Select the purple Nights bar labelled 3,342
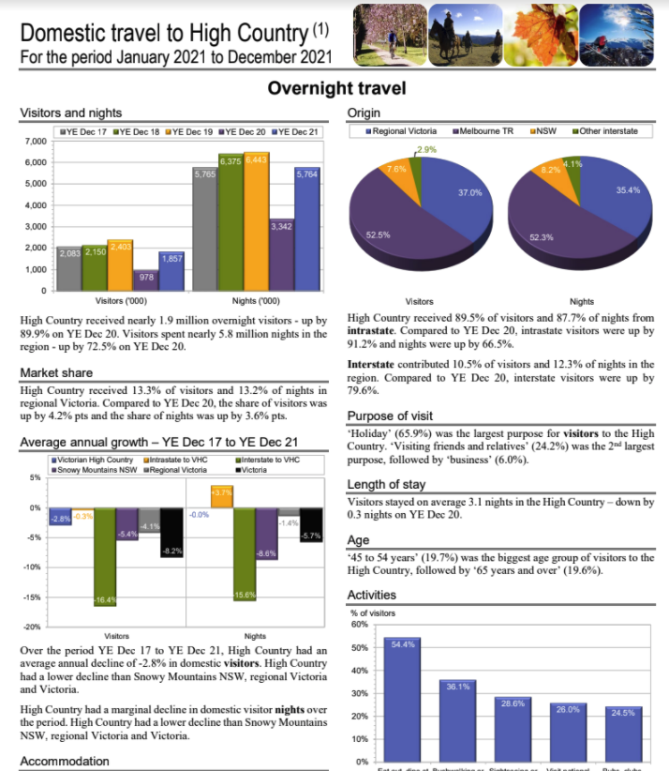click(x=281, y=254)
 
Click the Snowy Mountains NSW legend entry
click(x=94, y=469)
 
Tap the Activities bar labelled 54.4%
click(x=402, y=699)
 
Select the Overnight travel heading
click(x=336, y=88)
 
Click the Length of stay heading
click(x=386, y=484)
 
